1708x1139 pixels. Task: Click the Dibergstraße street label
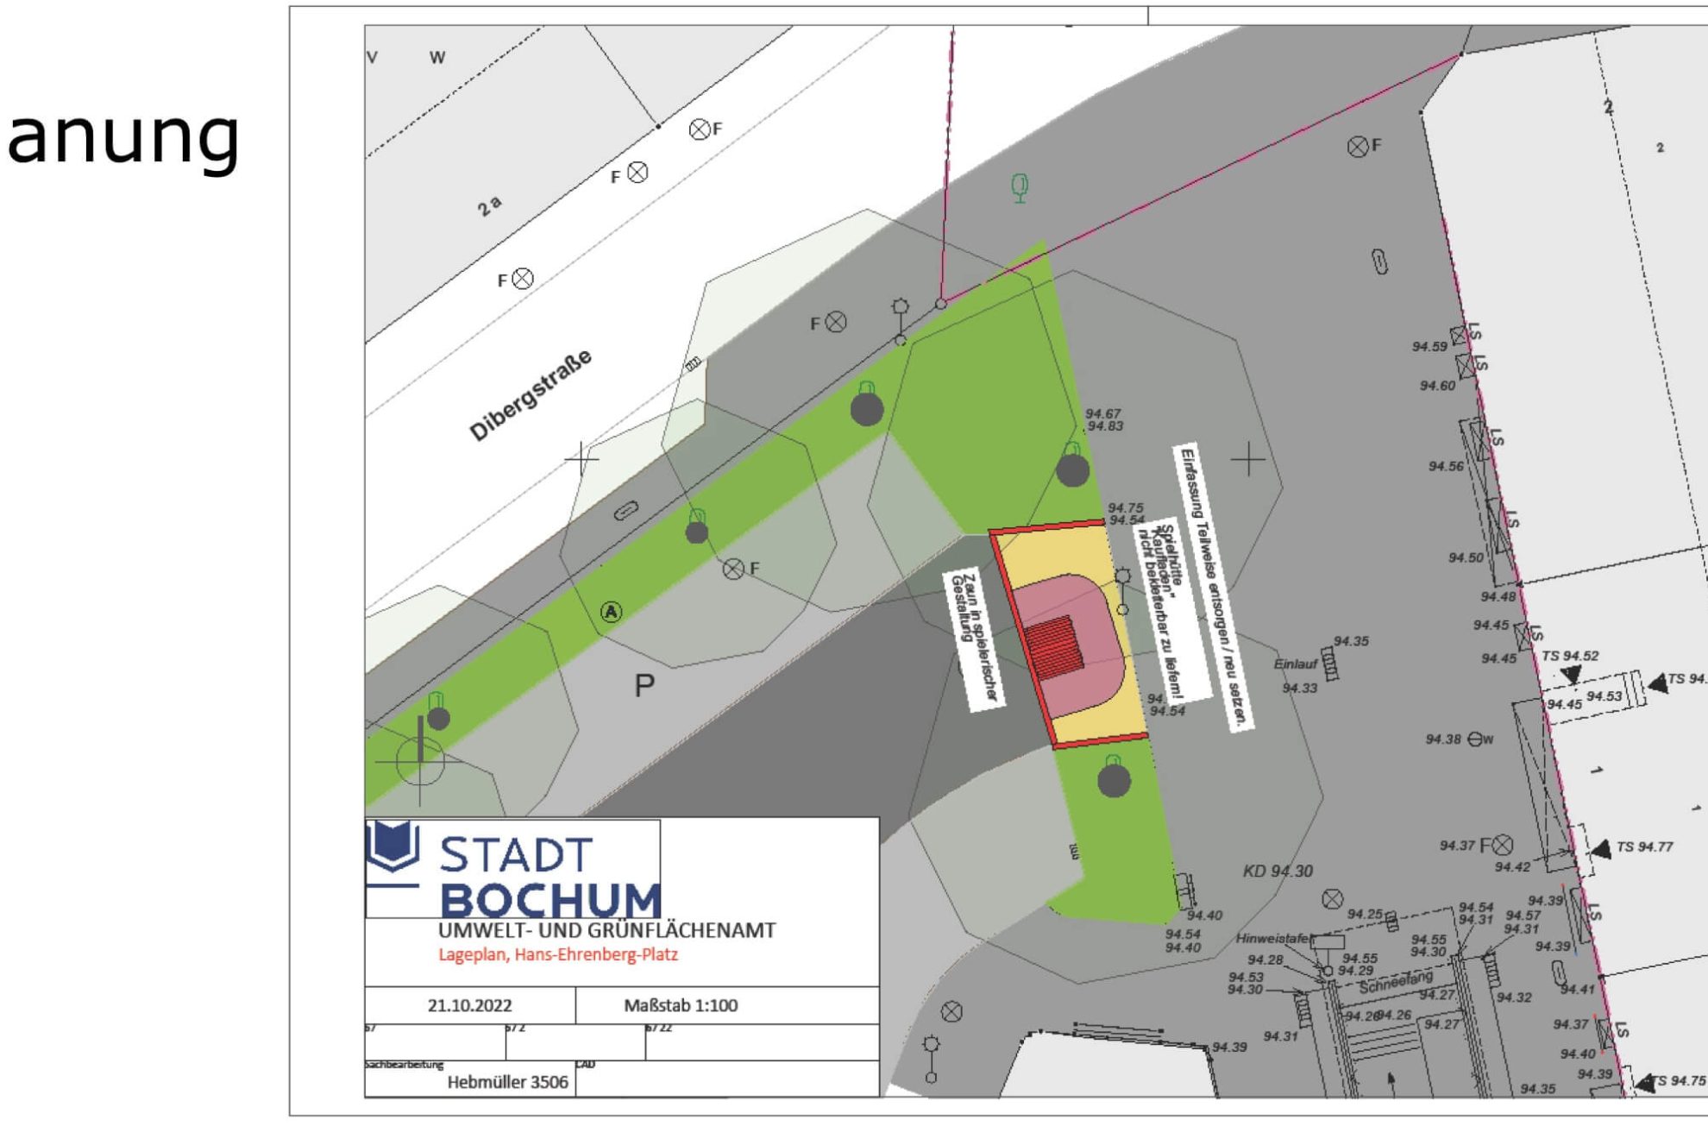coord(531,396)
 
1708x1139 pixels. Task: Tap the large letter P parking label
coord(644,686)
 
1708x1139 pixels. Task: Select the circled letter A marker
coord(611,613)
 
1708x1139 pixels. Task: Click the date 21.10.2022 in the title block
coord(469,1005)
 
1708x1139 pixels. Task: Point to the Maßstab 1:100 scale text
coord(681,1005)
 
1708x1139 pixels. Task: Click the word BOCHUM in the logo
coord(550,901)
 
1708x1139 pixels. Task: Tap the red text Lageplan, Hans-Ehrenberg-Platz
coord(558,955)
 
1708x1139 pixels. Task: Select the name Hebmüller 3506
coord(507,1082)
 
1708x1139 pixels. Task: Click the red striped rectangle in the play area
coord(1054,647)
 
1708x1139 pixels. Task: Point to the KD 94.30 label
coord(1278,872)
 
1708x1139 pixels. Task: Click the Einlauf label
coord(1296,664)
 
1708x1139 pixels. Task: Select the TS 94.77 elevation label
coord(1644,847)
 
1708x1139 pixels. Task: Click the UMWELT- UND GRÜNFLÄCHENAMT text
coord(606,931)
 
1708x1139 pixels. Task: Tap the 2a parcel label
coord(489,206)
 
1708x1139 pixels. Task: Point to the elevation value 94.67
coord(1102,414)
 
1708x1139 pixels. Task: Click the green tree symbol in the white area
coord(1020,187)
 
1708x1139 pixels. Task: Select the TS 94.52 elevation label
coord(1570,656)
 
